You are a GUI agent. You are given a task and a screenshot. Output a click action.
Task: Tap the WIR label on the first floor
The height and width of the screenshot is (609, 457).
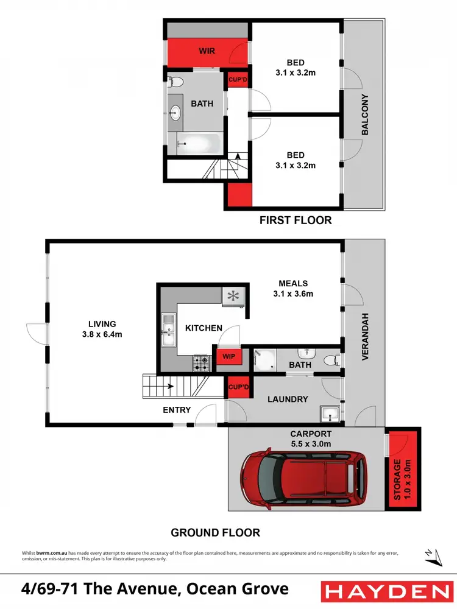(207, 51)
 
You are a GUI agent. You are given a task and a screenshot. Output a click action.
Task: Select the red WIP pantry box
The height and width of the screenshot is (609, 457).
(228, 355)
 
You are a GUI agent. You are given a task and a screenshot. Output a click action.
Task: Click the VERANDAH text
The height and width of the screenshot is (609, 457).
(366, 337)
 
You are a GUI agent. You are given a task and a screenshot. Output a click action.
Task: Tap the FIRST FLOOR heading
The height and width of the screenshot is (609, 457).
(296, 220)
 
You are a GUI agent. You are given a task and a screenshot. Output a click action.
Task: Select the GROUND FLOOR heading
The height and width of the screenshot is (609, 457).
(215, 533)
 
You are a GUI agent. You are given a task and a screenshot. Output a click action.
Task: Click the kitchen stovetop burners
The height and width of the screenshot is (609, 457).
(202, 363)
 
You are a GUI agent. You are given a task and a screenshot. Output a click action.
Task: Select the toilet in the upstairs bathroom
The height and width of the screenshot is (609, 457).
(175, 82)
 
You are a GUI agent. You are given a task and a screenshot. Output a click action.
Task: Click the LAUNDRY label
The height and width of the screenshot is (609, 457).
(288, 399)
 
